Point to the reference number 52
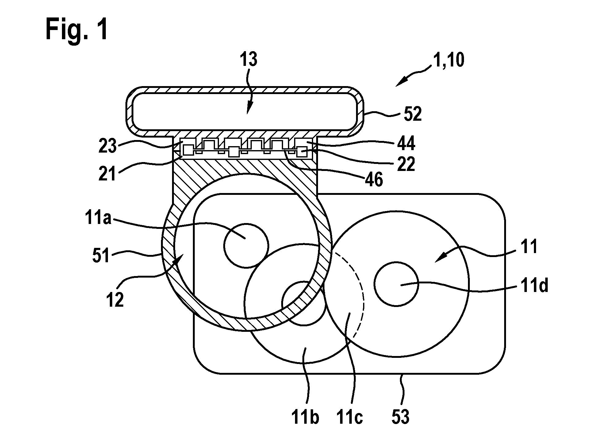point(412,114)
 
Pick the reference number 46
point(373,180)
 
